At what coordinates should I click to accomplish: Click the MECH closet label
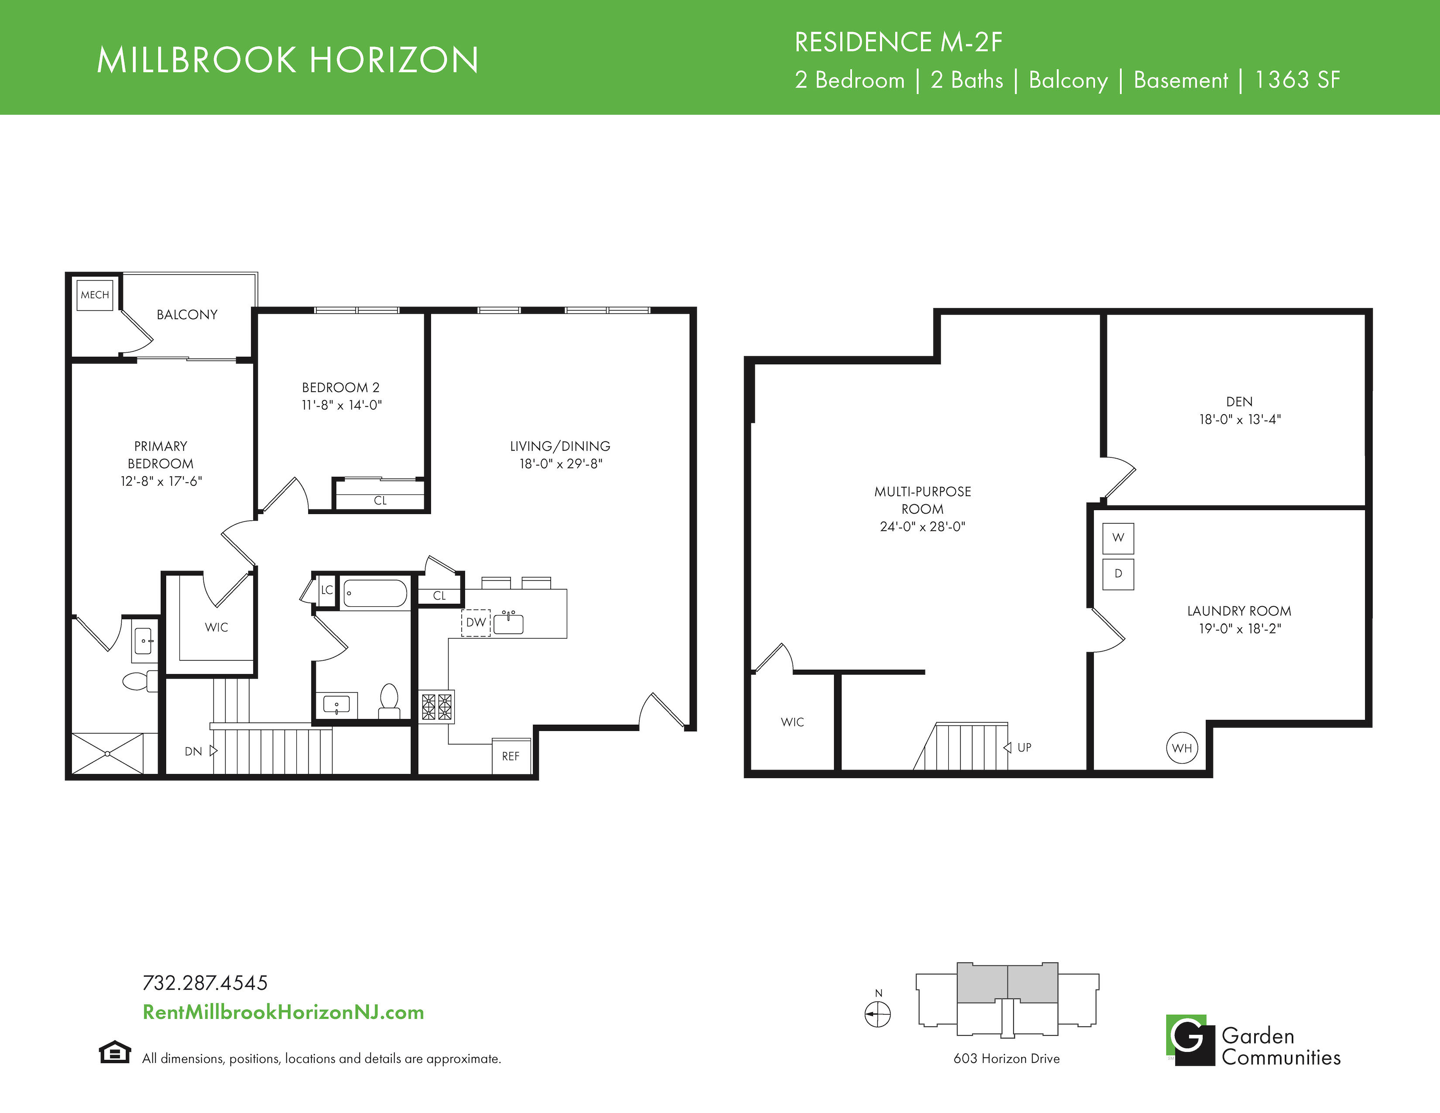coord(95,295)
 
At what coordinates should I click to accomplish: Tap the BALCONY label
coord(187,315)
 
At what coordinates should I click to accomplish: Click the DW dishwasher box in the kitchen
coord(475,622)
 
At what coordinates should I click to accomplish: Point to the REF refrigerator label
coord(511,756)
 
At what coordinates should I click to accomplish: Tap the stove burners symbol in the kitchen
coord(436,706)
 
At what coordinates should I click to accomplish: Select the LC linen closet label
coord(327,590)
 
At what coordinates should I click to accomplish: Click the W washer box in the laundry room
coord(1118,538)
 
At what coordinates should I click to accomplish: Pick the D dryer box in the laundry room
coord(1118,574)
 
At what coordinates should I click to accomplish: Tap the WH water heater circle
coord(1182,748)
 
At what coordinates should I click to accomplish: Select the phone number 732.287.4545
coord(205,983)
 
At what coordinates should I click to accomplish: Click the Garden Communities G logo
coord(1190,1040)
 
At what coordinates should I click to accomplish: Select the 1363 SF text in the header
coord(1297,80)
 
